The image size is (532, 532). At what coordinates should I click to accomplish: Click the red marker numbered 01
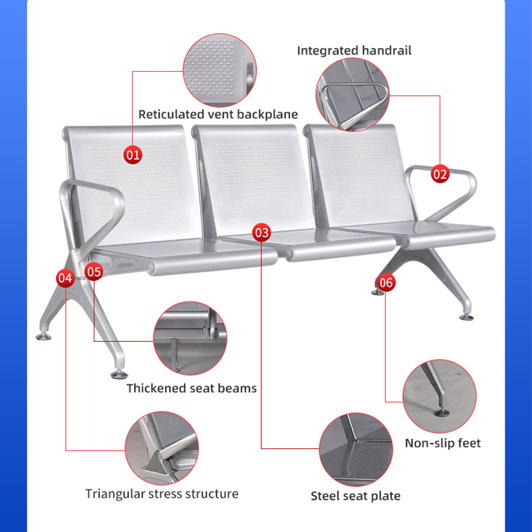pos(134,155)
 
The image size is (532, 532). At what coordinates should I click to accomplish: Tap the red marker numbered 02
pos(440,174)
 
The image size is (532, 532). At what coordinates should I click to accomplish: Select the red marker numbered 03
pos(262,232)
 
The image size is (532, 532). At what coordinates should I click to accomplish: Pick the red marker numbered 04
pos(65,278)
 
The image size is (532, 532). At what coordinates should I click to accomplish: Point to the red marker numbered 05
pos(94,271)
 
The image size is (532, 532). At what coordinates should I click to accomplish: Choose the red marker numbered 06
pos(386,283)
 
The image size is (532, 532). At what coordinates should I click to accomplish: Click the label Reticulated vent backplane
pos(218,114)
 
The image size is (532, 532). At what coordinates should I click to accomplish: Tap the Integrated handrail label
pos(354,51)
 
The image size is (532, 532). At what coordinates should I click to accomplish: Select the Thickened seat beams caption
pos(192,388)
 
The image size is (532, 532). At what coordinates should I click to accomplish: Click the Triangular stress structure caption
pos(162,493)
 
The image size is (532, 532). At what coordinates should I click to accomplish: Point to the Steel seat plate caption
pos(356,495)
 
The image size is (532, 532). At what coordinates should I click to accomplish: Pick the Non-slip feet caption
pos(443,443)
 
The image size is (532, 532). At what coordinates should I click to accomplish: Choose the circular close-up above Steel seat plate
pos(355,450)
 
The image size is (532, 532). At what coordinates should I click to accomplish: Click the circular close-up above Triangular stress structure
pos(162,448)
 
